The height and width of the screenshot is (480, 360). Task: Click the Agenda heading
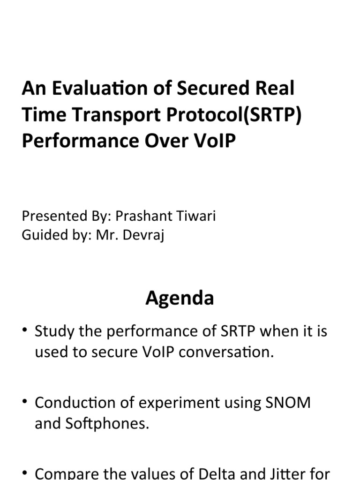pos(180,298)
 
